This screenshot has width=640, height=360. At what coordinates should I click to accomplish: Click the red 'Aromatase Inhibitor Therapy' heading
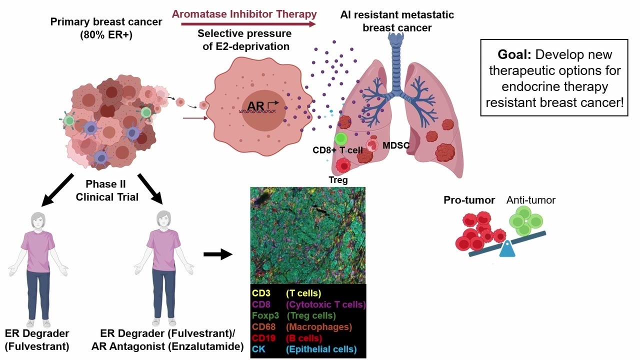244,14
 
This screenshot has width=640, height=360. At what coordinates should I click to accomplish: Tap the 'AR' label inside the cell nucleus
255,106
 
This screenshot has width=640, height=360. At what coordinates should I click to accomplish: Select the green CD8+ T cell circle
341,139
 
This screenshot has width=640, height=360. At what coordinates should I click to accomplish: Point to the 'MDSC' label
396,145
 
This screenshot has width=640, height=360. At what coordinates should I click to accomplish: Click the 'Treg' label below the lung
338,179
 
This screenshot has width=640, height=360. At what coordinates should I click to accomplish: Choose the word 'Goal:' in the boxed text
514,54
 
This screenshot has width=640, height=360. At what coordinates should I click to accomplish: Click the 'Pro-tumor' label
469,200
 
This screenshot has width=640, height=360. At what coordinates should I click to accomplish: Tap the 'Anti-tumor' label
531,200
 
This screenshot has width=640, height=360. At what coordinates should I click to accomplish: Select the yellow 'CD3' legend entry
261,293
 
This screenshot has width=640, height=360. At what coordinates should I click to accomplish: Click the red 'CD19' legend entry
263,338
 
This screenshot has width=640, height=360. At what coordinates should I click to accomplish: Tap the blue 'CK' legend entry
258,349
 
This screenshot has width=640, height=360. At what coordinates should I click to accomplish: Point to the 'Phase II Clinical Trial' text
107,190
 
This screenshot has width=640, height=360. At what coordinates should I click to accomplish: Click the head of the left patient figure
38,220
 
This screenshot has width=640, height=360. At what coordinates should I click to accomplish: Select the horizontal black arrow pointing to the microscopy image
218,254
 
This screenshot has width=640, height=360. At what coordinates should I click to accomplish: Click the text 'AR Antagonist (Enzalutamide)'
167,346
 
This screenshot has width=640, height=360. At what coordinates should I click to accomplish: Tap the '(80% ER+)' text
106,35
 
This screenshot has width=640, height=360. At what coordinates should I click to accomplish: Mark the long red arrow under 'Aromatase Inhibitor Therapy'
248,24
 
